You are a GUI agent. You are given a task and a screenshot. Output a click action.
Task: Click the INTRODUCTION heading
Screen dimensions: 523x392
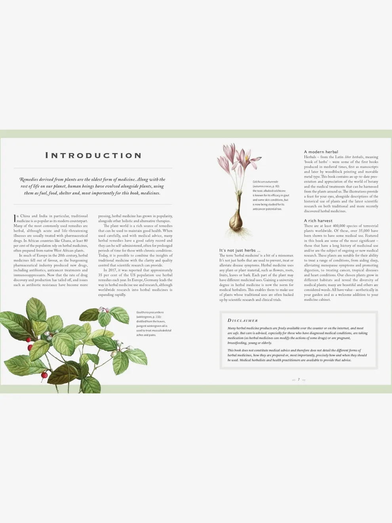(93, 155)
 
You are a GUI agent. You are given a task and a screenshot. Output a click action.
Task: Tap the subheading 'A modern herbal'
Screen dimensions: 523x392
(321, 152)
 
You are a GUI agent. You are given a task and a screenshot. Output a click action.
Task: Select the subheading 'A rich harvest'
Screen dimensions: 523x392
(318, 221)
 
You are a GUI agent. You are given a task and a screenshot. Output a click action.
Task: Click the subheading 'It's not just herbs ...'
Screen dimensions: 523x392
(240, 250)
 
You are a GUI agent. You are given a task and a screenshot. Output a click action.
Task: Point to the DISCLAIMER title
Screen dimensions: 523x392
(242, 321)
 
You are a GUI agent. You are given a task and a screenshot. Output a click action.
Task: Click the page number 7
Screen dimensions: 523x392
(299, 380)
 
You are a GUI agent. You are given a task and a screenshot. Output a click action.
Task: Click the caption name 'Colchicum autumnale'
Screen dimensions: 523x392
(265, 182)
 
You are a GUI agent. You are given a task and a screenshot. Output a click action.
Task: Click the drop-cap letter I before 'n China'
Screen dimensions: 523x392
(15, 218)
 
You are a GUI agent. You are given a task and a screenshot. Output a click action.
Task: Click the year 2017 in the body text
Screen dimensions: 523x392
(112, 270)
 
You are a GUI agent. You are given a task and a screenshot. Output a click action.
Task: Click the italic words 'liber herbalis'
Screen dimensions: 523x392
(354, 157)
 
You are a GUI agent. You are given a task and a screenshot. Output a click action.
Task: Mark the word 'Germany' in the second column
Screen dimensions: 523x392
(150, 280)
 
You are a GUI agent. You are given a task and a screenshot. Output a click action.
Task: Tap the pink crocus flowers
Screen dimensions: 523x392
(234, 157)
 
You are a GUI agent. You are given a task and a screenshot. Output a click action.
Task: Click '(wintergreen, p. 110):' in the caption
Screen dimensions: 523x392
(148, 317)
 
